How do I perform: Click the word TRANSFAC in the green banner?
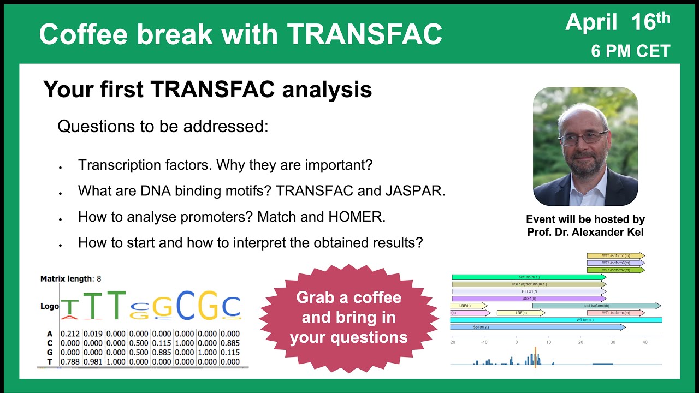click(364, 34)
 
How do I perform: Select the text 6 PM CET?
click(630, 51)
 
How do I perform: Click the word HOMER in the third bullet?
click(356, 217)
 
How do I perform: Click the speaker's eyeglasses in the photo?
click(583, 138)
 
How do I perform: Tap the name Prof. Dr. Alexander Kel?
click(585, 231)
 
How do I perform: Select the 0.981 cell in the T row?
click(93, 361)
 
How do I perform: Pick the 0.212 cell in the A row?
click(70, 334)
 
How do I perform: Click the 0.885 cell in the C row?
click(229, 343)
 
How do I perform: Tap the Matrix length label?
click(67, 279)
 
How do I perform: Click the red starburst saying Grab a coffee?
click(348, 318)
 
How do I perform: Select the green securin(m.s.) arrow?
click(528, 277)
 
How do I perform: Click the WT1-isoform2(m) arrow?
click(615, 270)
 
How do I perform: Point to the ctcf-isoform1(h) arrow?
click(596, 306)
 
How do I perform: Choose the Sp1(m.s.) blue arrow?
click(537, 327)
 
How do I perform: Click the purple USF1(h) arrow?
click(528, 299)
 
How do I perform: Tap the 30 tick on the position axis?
click(613, 342)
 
